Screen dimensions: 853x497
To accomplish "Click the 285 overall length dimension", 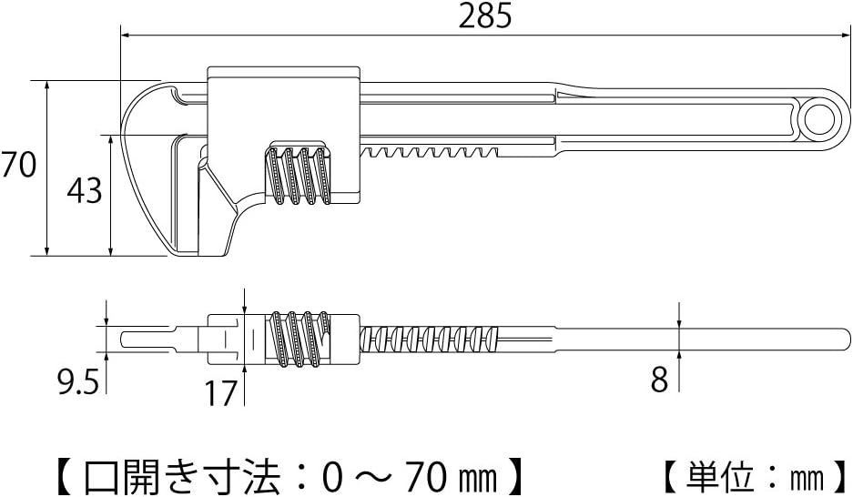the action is pyautogui.click(x=485, y=16).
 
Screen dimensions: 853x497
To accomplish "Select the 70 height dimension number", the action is pyautogui.click(x=18, y=164).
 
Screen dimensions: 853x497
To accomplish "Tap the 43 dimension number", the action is pyautogui.click(x=85, y=190).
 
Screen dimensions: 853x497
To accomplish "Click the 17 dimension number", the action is pyautogui.click(x=221, y=393).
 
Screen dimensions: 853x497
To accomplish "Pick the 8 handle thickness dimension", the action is pyautogui.click(x=659, y=379).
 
